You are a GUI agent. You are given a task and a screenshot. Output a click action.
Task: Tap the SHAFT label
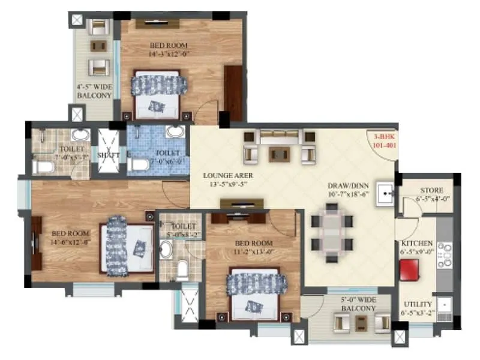coord(109,155)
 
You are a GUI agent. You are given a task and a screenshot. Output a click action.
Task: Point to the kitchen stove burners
coord(444,254)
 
